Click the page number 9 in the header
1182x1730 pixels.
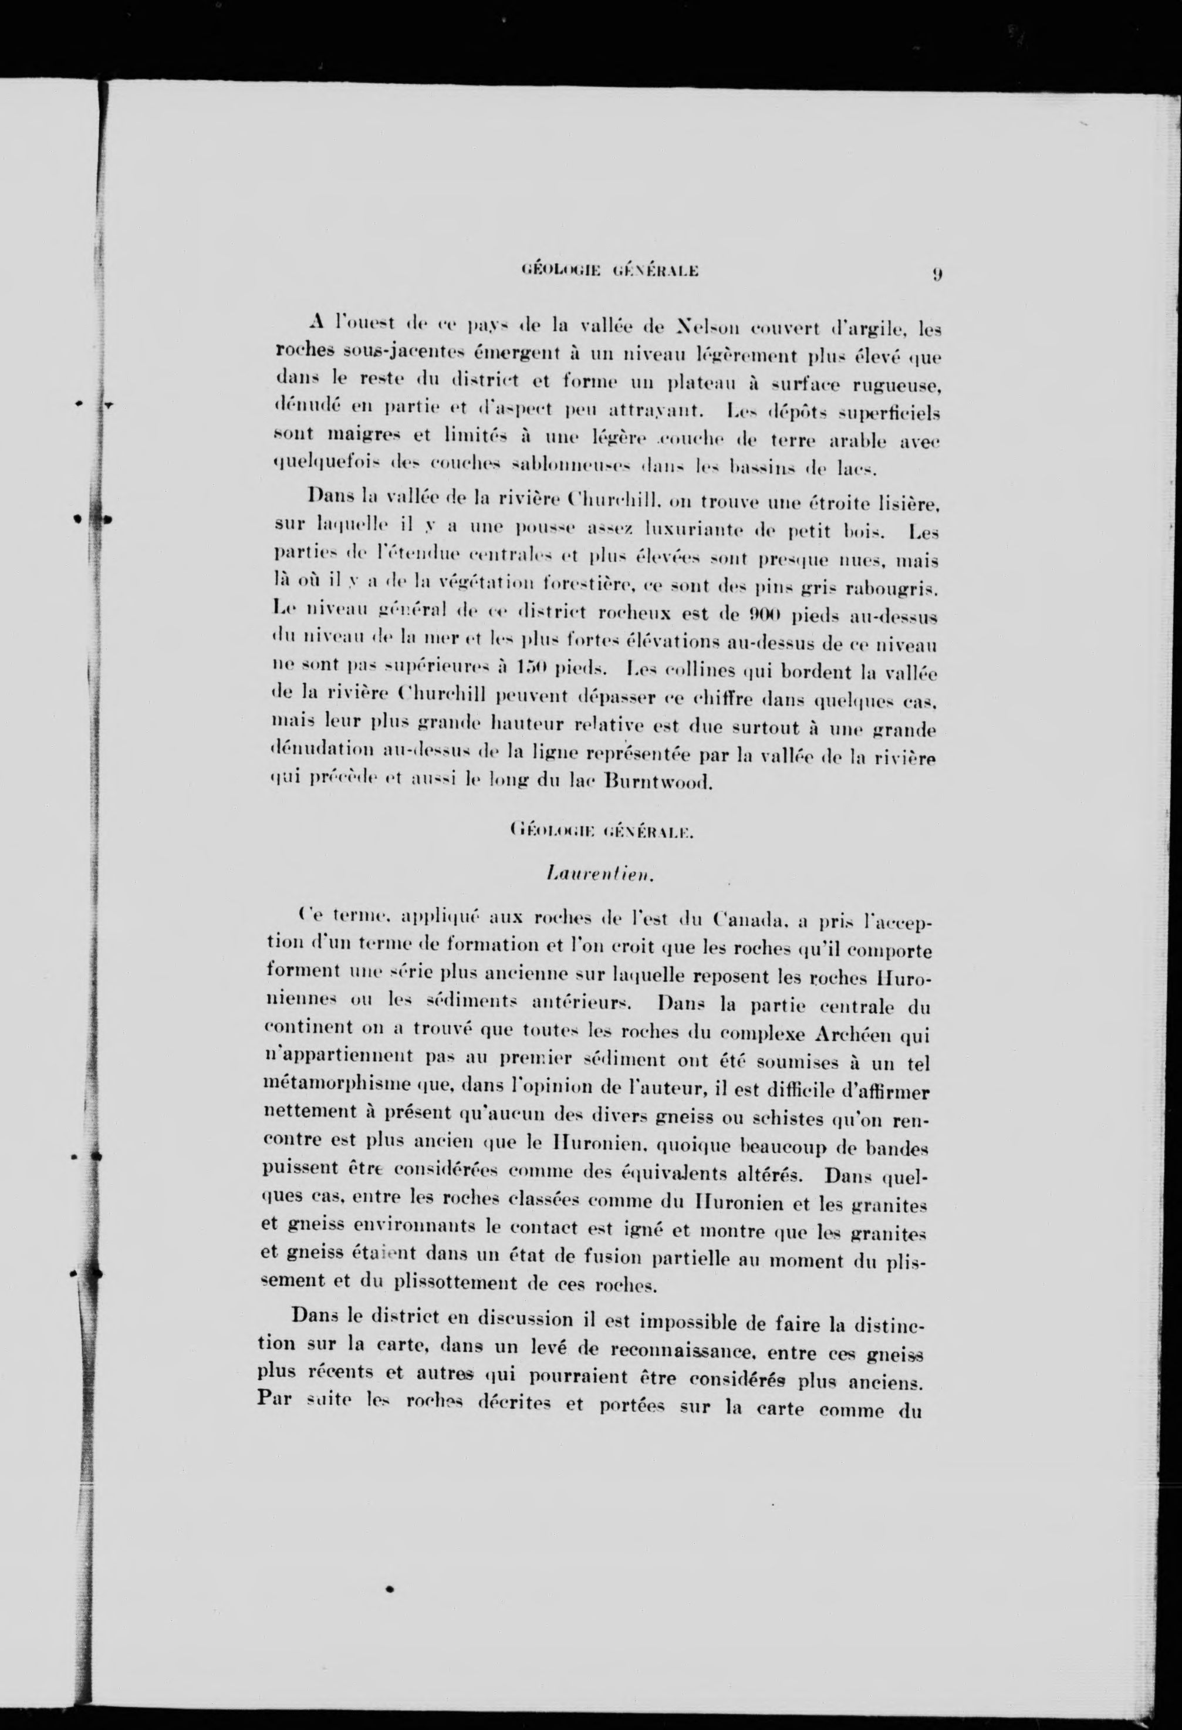[x=936, y=274]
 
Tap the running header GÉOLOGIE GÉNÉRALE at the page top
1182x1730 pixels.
[x=602, y=272]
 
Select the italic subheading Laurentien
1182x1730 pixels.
[x=599, y=876]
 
